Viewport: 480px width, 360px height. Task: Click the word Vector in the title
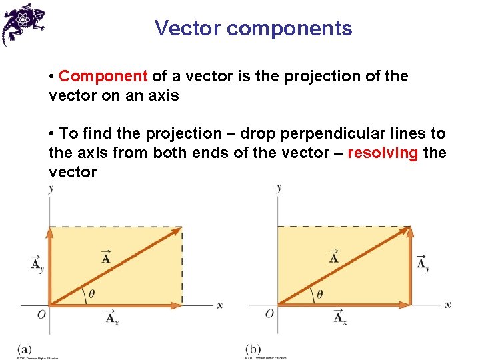[187, 29]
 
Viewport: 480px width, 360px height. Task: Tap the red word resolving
[383, 153]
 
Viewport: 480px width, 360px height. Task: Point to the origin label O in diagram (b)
[269, 313]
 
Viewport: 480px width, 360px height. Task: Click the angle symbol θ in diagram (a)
[91, 293]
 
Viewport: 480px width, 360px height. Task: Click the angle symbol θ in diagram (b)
[320, 293]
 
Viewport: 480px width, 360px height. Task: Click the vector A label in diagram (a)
[106, 257]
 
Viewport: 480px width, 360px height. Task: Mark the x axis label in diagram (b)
[448, 305]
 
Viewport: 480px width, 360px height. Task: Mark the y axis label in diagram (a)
[51, 189]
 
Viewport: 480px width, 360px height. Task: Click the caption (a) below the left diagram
[25, 349]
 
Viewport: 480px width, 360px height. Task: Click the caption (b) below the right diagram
[253, 349]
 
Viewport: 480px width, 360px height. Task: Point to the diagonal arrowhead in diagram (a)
[177, 231]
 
